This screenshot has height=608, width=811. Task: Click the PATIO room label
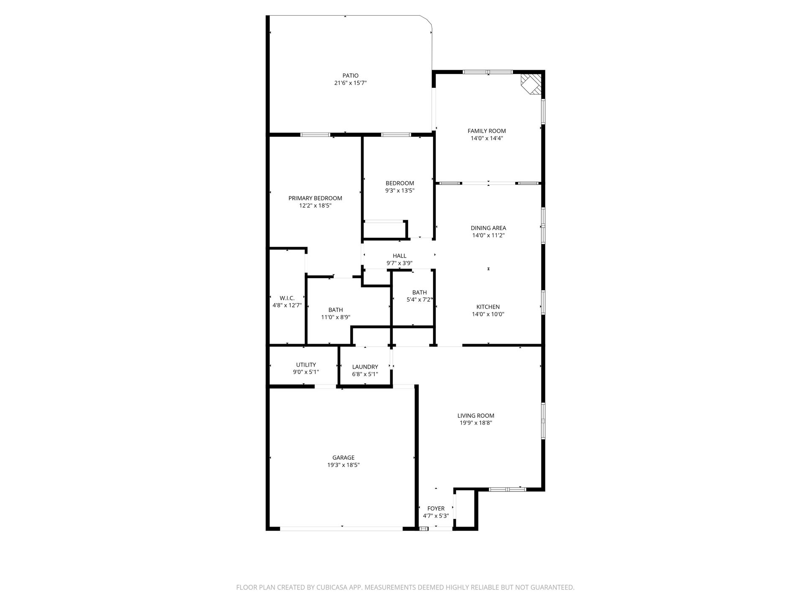pos(350,76)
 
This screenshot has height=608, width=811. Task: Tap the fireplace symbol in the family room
pos(531,84)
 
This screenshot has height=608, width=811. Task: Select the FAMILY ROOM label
pos(487,131)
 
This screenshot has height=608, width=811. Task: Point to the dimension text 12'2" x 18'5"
pos(315,206)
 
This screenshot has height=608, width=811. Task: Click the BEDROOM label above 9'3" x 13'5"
pos(400,183)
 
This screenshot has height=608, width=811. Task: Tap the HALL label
pos(400,256)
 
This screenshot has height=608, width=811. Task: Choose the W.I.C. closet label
pos(287,298)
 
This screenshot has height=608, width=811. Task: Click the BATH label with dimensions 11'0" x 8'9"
pos(336,310)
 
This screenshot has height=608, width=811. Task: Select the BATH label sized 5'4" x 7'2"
pos(419,292)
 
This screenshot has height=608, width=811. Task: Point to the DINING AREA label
pos(488,228)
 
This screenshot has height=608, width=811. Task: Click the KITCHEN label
pos(488,307)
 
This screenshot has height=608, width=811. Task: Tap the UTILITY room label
pos(306,365)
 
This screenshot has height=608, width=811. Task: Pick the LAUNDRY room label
pos(365,367)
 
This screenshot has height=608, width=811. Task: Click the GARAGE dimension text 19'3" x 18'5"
pos(343,465)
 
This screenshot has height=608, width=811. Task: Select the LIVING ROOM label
pos(476,415)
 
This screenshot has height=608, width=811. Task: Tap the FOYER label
pos(436,508)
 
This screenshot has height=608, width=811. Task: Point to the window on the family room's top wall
pos(488,72)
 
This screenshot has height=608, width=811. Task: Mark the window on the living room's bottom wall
pos(507,489)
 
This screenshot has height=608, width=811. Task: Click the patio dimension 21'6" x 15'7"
pos(350,83)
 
